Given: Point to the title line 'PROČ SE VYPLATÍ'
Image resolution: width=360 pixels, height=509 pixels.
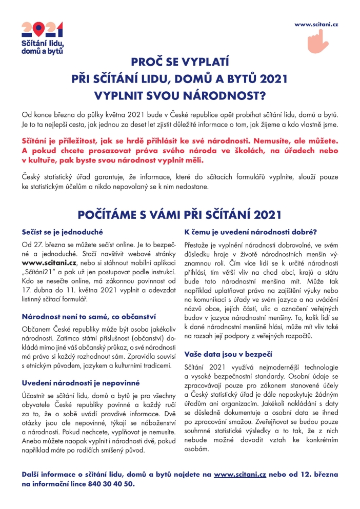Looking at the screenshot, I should [x=179, y=63].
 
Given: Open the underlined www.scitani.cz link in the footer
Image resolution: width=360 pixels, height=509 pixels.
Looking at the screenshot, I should [x=240, y=475].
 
